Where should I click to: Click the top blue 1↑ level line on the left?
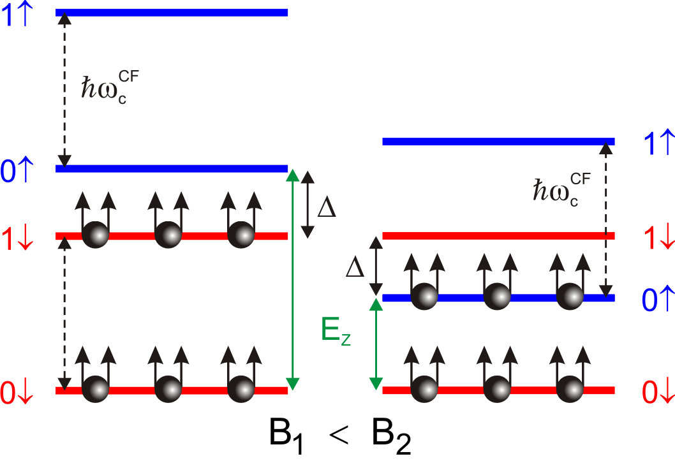(172, 13)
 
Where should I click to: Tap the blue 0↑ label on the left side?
(17, 172)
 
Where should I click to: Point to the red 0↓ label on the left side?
(17, 392)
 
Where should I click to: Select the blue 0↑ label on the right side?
(656, 300)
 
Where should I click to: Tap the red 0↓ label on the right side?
(656, 392)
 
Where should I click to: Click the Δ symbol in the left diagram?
(326, 209)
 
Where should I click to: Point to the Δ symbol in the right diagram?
(355, 268)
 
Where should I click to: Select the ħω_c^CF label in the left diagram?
(105, 84)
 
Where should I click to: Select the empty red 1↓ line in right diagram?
(498, 236)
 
